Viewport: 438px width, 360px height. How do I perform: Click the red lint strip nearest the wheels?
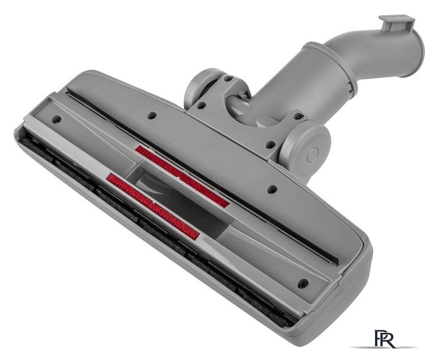point(182,177)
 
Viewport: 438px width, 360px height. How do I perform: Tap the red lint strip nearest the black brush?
point(153,206)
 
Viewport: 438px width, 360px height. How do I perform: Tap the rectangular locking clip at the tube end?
point(396,24)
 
